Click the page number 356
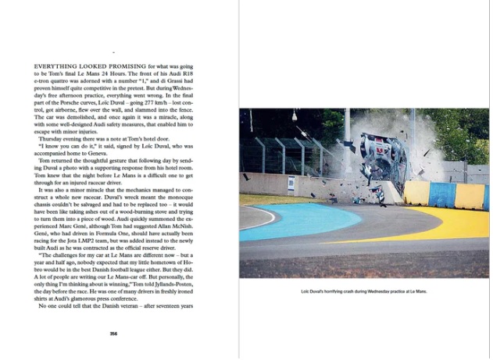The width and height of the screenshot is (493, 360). click(113, 333)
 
